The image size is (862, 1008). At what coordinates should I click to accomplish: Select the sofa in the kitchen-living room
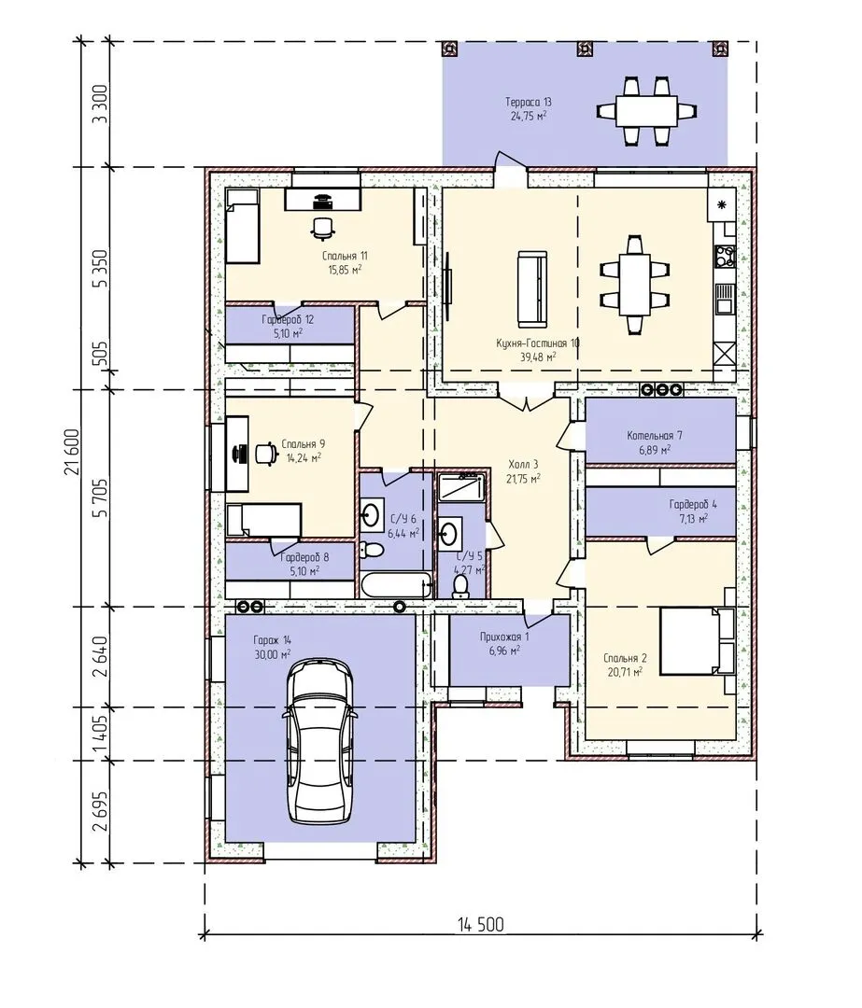pyautogui.click(x=532, y=288)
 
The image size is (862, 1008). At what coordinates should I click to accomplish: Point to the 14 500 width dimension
pyautogui.click(x=481, y=925)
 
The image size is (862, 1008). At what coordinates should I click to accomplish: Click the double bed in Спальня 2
pyautogui.click(x=697, y=641)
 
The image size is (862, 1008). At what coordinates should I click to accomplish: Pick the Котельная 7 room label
pyautogui.click(x=655, y=436)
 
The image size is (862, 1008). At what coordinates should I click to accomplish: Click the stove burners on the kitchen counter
pyautogui.click(x=726, y=255)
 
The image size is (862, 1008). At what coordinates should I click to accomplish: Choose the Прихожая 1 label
pyautogui.click(x=504, y=637)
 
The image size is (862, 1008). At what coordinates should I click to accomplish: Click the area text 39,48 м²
pyautogui.click(x=539, y=357)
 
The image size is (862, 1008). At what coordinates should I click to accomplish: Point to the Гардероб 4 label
pyautogui.click(x=692, y=505)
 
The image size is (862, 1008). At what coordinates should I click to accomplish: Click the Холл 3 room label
pyautogui.click(x=523, y=464)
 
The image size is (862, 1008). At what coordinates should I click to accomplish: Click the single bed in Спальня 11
pyautogui.click(x=242, y=226)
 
